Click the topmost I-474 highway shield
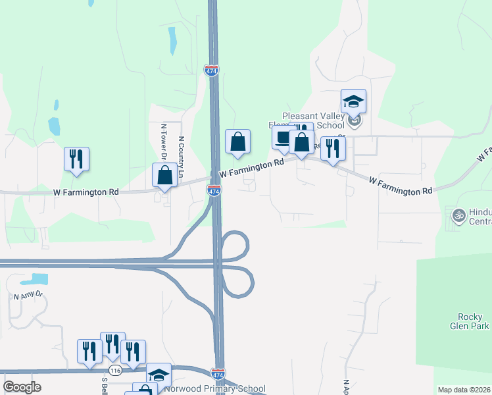(211, 70)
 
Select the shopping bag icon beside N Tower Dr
(164, 176)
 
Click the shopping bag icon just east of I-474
(238, 142)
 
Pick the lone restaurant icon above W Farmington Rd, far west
(76, 159)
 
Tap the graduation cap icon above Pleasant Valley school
(353, 101)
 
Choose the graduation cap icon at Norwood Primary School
(159, 375)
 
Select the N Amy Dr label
(28, 295)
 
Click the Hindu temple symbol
(458, 214)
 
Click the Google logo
(22, 386)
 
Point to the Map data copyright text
(455, 390)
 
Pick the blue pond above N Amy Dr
(37, 278)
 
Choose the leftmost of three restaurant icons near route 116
(89, 352)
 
